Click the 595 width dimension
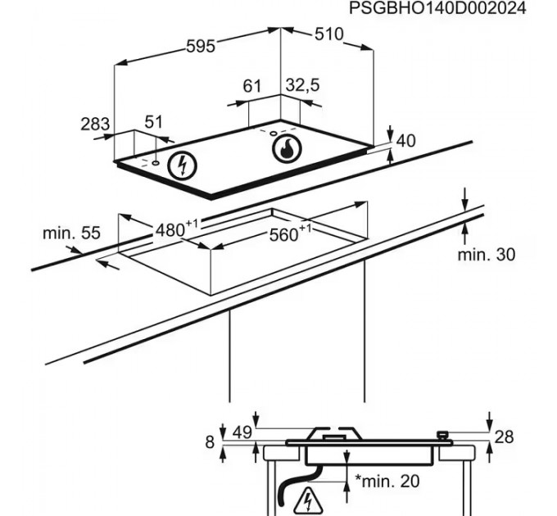199,47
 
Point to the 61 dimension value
252,85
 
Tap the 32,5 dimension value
302,85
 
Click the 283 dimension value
95,124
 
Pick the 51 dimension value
153,122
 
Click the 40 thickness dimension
405,141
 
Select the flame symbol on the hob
287,148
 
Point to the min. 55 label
71,233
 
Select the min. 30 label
487,255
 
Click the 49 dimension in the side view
240,432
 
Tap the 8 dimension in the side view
210,442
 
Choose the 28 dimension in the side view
504,437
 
